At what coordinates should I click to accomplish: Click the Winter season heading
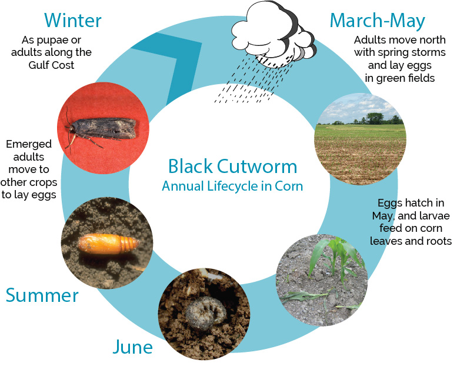coord(73,21)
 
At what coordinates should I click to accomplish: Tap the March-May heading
coord(378,21)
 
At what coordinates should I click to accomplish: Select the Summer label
coord(42,295)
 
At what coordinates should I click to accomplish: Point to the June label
coord(132,347)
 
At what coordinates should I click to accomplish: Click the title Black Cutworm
coord(232,167)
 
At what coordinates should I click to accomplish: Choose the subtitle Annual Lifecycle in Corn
coord(232,186)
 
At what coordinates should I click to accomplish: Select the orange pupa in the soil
coord(108,244)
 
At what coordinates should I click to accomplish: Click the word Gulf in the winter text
coord(38,65)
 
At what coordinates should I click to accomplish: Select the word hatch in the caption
coord(412,202)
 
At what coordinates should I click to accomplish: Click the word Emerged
coord(29,144)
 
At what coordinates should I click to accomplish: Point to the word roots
coord(439,241)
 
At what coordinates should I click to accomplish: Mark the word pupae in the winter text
coord(65,40)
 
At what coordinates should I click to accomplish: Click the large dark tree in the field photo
coord(375,118)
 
